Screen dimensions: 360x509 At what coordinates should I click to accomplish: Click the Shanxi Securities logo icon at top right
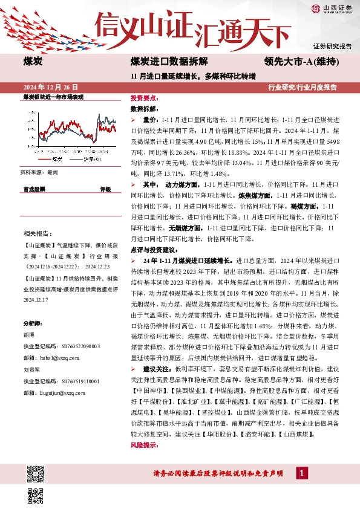315,8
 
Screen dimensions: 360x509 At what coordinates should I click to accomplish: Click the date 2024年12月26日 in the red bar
51,88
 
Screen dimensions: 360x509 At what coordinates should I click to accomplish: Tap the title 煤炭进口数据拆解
169,62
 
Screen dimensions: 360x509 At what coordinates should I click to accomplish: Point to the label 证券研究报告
332,46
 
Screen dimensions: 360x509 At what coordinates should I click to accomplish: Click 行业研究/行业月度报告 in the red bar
303,88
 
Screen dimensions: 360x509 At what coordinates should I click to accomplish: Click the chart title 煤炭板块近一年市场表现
53,97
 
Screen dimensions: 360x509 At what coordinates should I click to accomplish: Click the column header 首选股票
34,189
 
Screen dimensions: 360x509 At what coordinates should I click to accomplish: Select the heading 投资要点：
145,97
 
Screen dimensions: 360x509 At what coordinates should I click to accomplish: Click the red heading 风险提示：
145,445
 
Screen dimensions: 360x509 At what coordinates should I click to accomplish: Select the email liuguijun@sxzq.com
58,392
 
